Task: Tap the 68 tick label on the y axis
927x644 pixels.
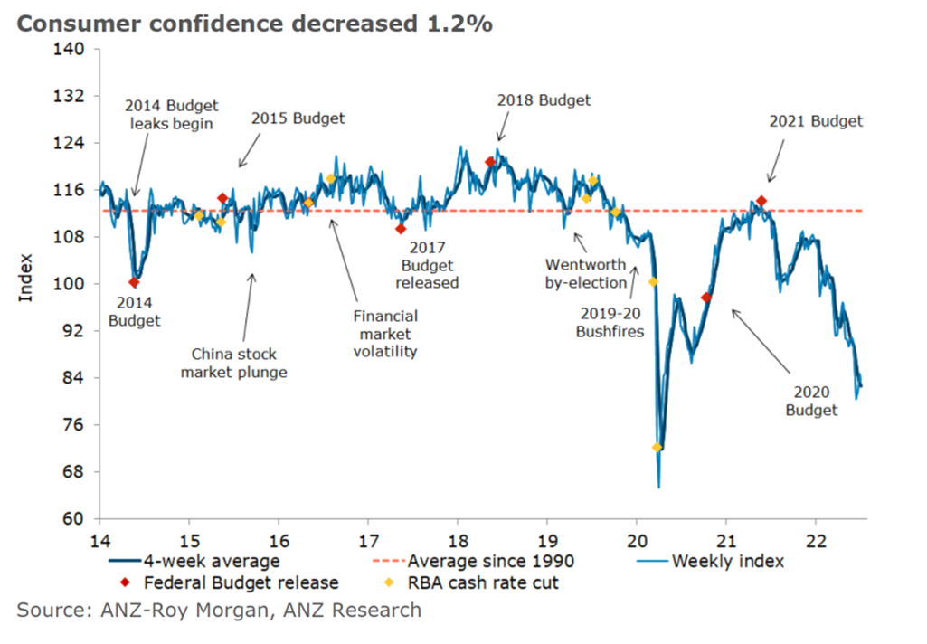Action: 75,472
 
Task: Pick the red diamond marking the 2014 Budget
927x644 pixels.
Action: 135,282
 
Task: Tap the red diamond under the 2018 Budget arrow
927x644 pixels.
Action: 490,163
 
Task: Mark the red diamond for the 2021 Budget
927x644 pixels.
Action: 761,201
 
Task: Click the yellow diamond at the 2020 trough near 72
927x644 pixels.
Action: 657,447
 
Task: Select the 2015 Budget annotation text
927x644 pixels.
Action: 298,118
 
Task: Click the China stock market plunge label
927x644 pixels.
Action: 233,363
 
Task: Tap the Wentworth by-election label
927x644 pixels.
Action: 585,273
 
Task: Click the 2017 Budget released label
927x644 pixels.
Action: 429,263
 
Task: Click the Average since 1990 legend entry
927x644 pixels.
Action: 487,561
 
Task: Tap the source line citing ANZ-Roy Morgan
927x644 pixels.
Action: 219,611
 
